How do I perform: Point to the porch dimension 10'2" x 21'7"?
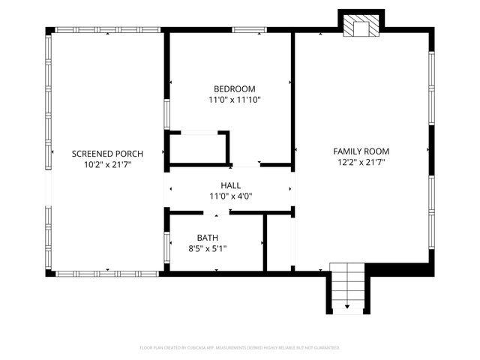(x=107, y=164)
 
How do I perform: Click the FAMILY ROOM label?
(x=361, y=151)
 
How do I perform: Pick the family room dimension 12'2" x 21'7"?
(x=361, y=162)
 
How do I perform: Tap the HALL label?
(x=230, y=185)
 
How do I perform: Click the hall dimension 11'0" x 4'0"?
(x=230, y=196)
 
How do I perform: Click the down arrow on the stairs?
(x=346, y=307)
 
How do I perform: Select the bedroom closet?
(x=197, y=148)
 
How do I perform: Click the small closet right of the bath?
(x=279, y=241)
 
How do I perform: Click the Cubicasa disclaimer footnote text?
(x=240, y=348)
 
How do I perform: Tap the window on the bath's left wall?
(x=166, y=244)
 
